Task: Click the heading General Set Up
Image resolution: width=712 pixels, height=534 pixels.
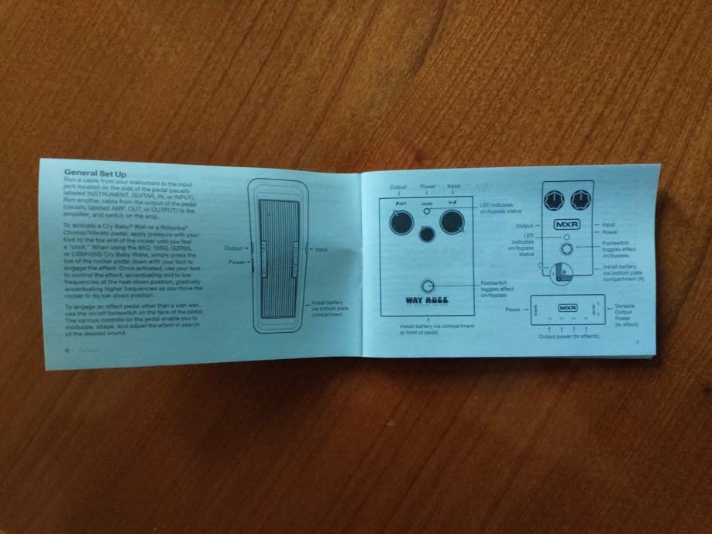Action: click(x=96, y=172)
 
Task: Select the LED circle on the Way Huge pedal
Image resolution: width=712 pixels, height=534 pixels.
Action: click(x=427, y=211)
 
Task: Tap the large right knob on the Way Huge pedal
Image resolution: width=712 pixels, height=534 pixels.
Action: click(x=452, y=222)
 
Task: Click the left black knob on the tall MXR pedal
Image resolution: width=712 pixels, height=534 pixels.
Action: click(x=554, y=201)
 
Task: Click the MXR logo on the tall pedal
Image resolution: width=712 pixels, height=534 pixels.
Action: click(x=567, y=225)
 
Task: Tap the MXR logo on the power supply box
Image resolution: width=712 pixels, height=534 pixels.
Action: click(x=569, y=308)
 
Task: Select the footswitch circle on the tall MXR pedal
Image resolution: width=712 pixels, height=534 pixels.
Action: click(x=568, y=249)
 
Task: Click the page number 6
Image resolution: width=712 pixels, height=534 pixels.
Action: click(x=68, y=350)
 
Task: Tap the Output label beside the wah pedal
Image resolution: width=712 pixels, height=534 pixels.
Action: click(x=234, y=248)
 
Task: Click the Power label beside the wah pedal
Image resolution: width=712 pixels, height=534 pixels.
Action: click(x=237, y=262)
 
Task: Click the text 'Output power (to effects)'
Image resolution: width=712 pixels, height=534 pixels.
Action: click(x=568, y=337)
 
